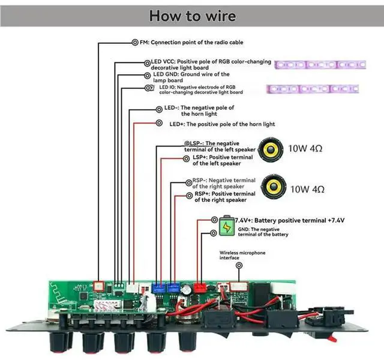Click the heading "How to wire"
coord(192,15)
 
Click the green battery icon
coord(226,227)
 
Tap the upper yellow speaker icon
coord(271,148)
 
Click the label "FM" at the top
coord(144,43)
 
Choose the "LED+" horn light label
coord(176,124)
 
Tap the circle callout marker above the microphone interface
coord(239,265)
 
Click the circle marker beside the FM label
coord(134,43)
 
